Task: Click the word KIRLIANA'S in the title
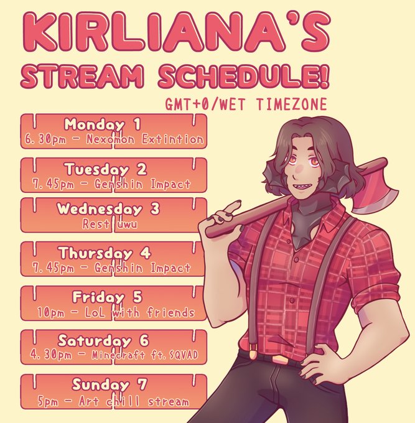(x=176, y=32)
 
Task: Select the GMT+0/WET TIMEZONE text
(x=246, y=104)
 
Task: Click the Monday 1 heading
(x=103, y=124)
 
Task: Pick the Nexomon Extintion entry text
(x=145, y=139)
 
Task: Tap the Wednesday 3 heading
(x=108, y=209)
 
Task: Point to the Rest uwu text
(x=110, y=224)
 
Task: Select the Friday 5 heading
(x=107, y=297)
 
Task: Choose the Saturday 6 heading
(x=103, y=341)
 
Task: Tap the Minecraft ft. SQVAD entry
(x=145, y=355)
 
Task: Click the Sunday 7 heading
(x=110, y=384)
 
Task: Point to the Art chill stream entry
(x=134, y=401)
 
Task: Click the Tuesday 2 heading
(x=106, y=169)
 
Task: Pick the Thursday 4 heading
(x=105, y=253)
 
